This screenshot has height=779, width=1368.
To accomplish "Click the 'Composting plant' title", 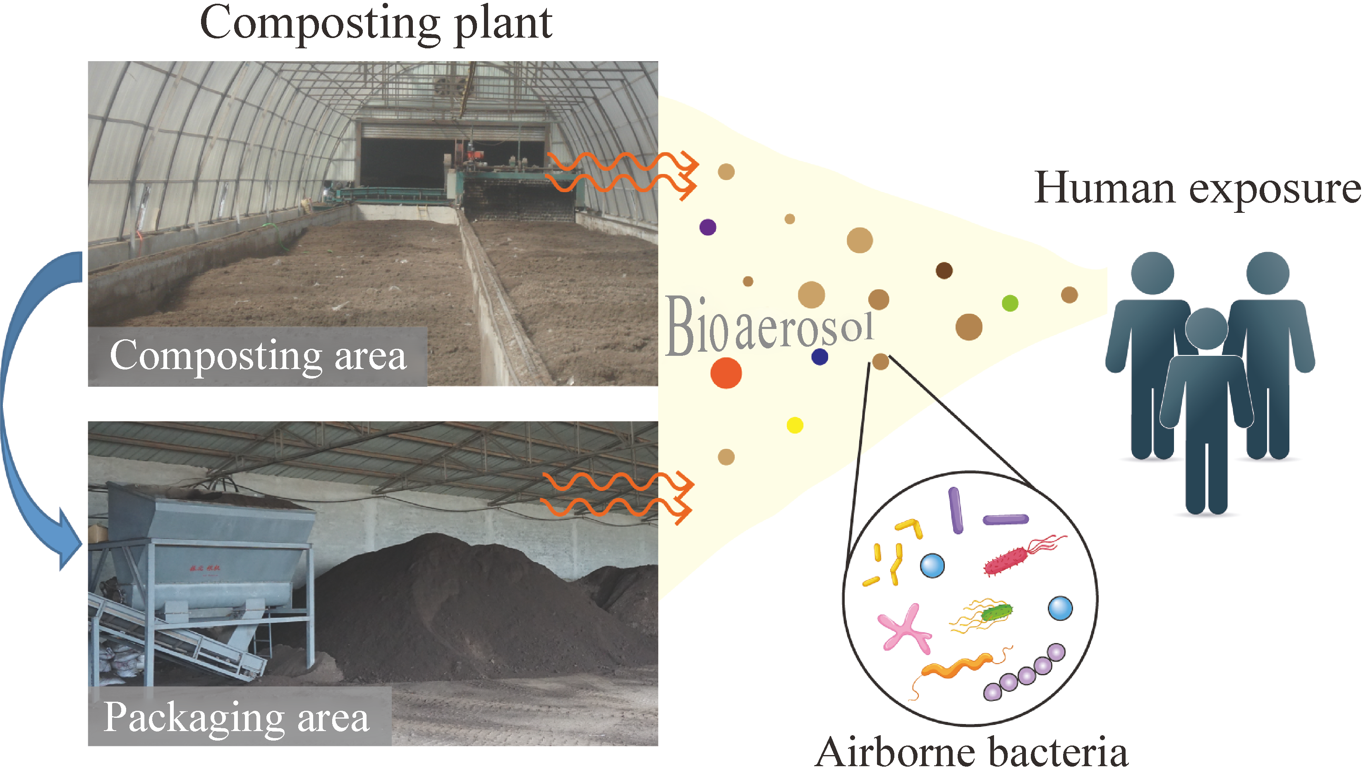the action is click(376, 24).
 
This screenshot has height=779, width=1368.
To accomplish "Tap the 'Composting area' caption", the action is click(258, 356).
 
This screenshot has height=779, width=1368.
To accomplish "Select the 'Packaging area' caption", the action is click(236, 717).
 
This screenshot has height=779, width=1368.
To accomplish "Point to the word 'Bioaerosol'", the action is click(769, 325).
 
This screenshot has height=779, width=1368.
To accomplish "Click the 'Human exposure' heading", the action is click(1197, 189).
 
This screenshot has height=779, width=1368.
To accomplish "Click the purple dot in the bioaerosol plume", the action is click(708, 227).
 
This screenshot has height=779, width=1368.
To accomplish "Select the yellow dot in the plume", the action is click(795, 425).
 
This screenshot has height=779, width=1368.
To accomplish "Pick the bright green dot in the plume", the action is click(1010, 303).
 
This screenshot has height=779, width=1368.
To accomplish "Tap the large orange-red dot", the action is click(726, 372).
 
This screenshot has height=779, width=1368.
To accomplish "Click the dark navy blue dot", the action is click(820, 356).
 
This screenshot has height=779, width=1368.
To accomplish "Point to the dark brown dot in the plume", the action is click(944, 270).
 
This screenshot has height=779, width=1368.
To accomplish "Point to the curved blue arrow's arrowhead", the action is click(69, 541).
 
